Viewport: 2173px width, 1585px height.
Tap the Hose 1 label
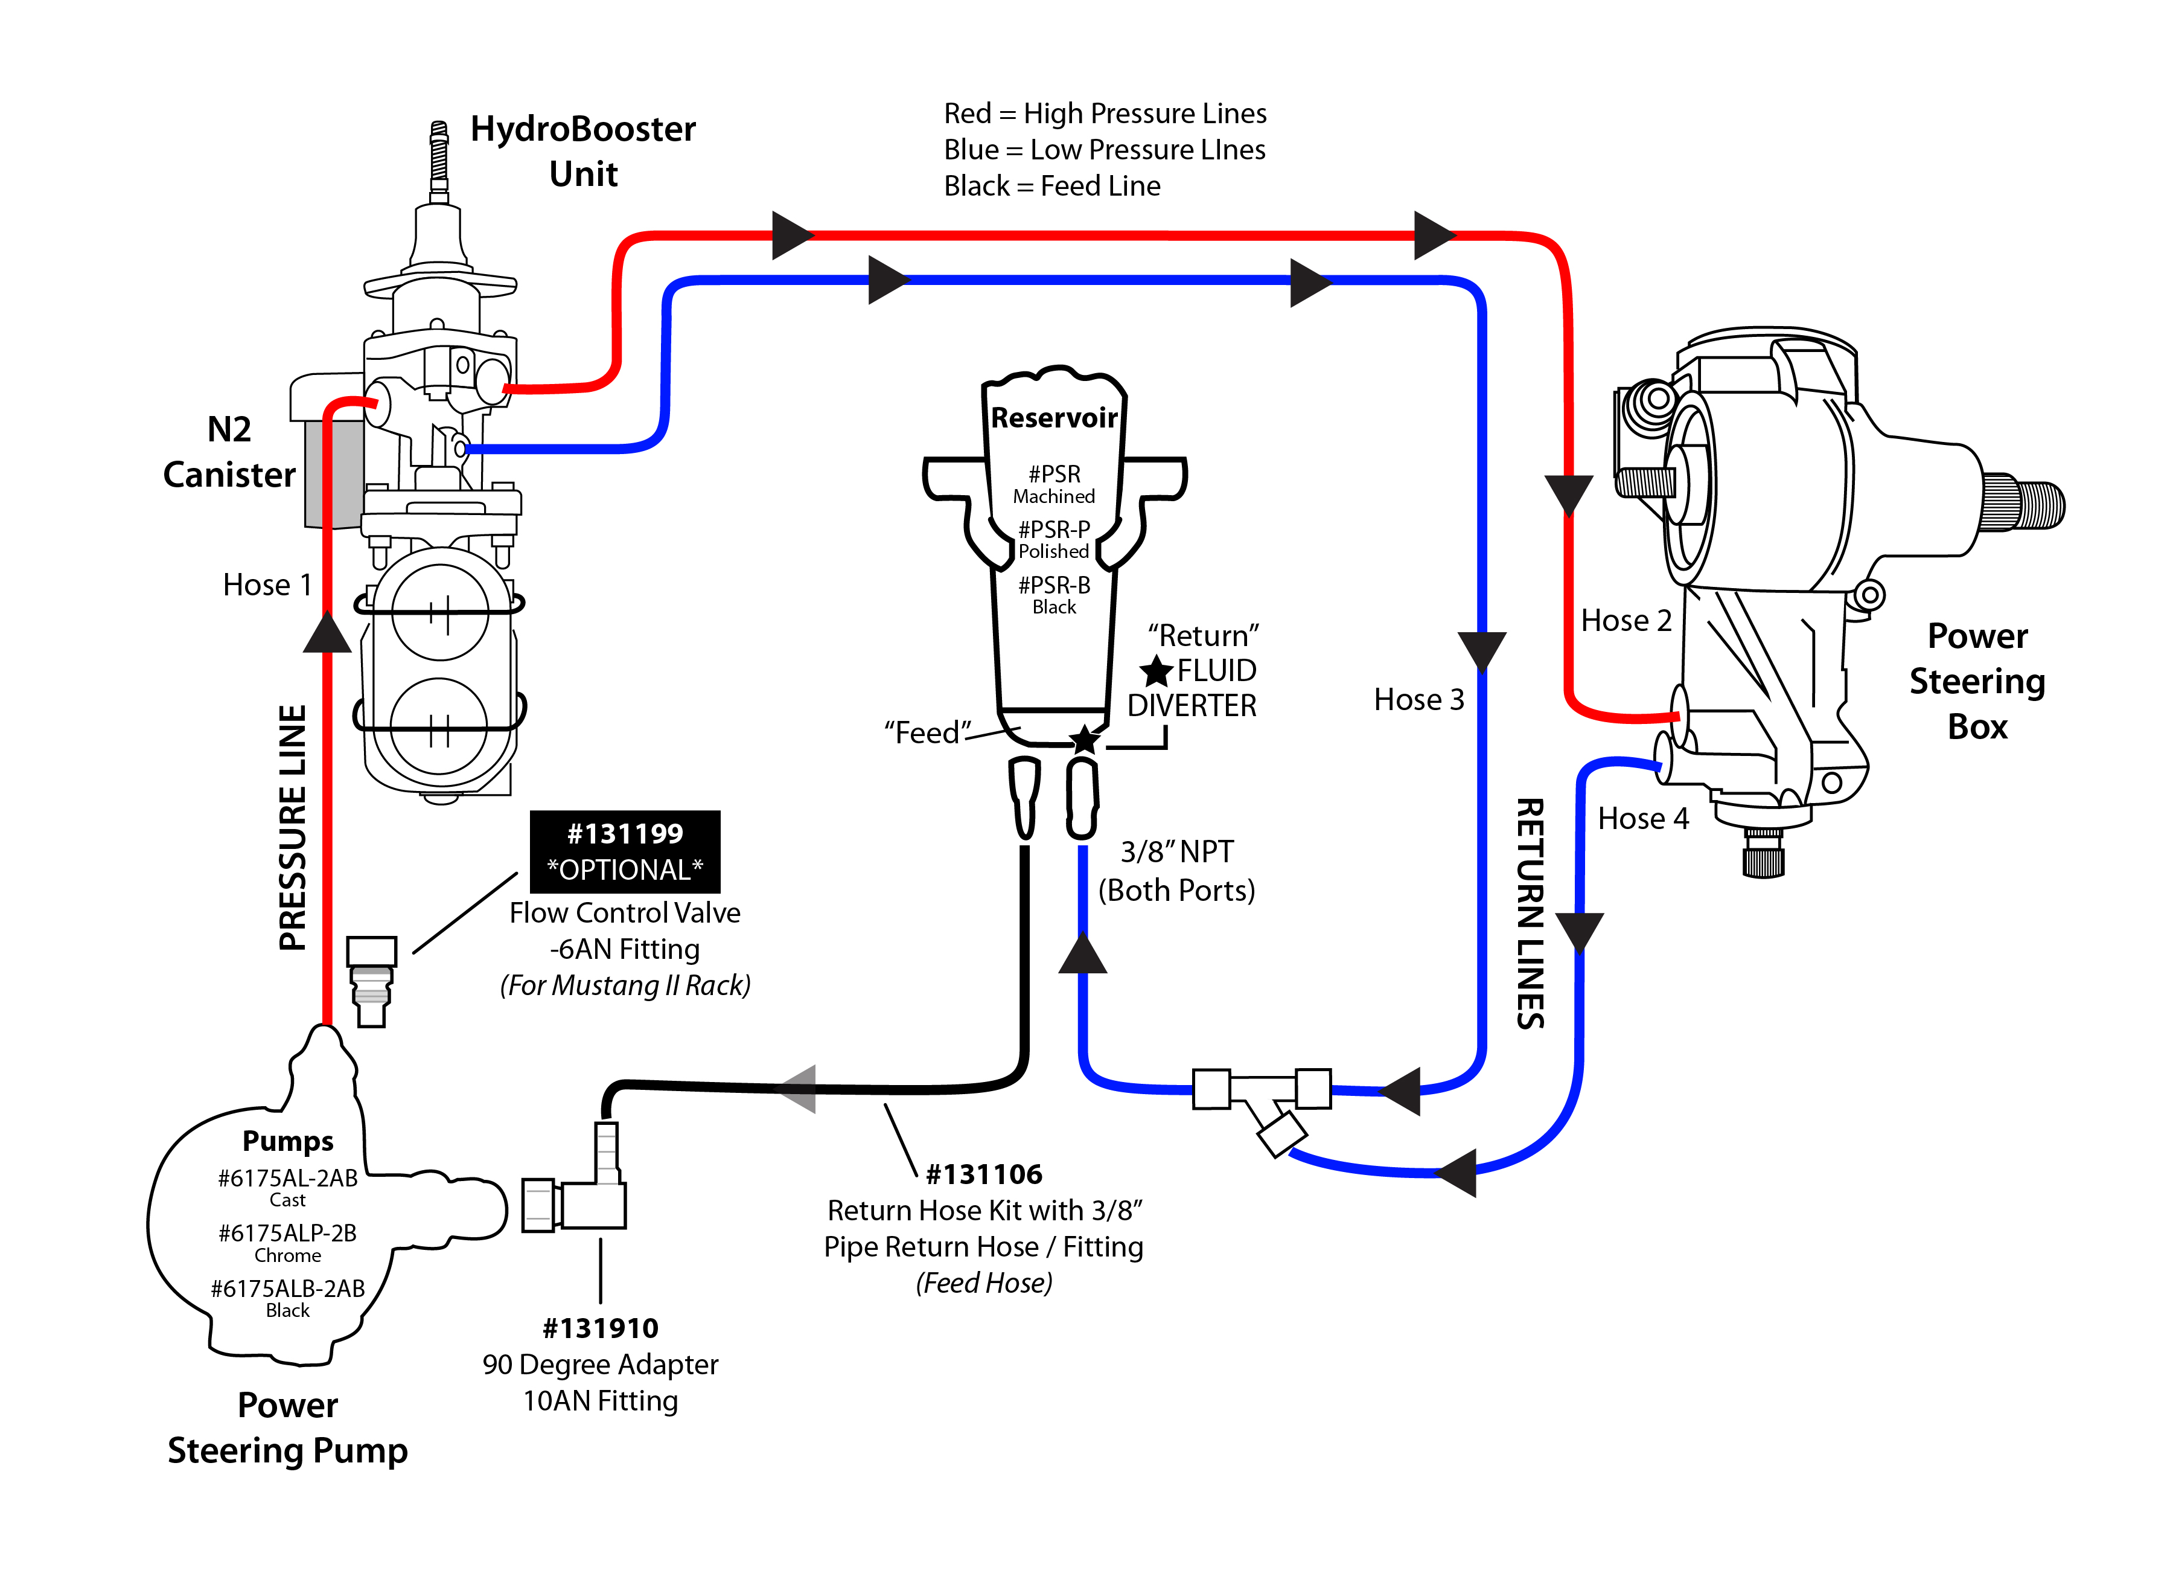[x=267, y=584]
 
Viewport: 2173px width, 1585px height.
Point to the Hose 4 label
[x=1642, y=818]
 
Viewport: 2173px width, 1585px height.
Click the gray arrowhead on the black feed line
[x=798, y=1089]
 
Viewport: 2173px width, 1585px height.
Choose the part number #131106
[x=984, y=1174]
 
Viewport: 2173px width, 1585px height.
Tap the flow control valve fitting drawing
[x=371, y=981]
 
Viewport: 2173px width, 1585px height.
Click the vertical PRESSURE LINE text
[x=293, y=827]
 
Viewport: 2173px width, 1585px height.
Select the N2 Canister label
[x=229, y=452]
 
